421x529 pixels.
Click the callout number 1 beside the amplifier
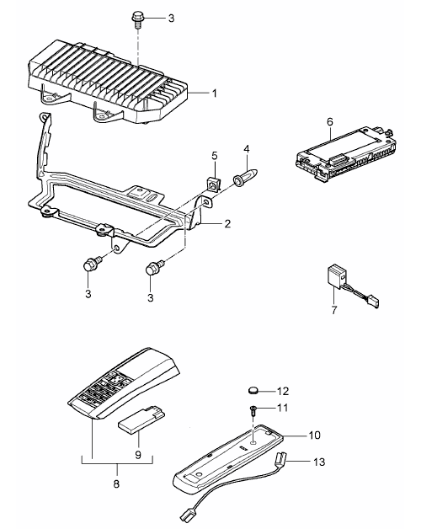point(215,94)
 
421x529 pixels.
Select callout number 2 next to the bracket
point(227,223)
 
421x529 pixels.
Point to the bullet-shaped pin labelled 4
point(246,178)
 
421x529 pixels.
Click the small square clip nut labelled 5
point(212,184)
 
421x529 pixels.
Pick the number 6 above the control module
point(329,121)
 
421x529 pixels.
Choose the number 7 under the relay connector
point(334,310)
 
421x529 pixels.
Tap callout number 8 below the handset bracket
point(116,484)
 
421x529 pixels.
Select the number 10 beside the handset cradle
point(314,435)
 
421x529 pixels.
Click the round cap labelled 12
point(253,391)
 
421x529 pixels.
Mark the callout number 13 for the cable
point(319,462)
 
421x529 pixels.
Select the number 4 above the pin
point(247,149)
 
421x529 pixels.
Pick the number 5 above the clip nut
point(215,156)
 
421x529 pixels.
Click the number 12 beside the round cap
point(283,391)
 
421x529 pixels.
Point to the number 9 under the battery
point(138,455)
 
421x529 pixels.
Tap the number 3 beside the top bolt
point(171,18)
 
